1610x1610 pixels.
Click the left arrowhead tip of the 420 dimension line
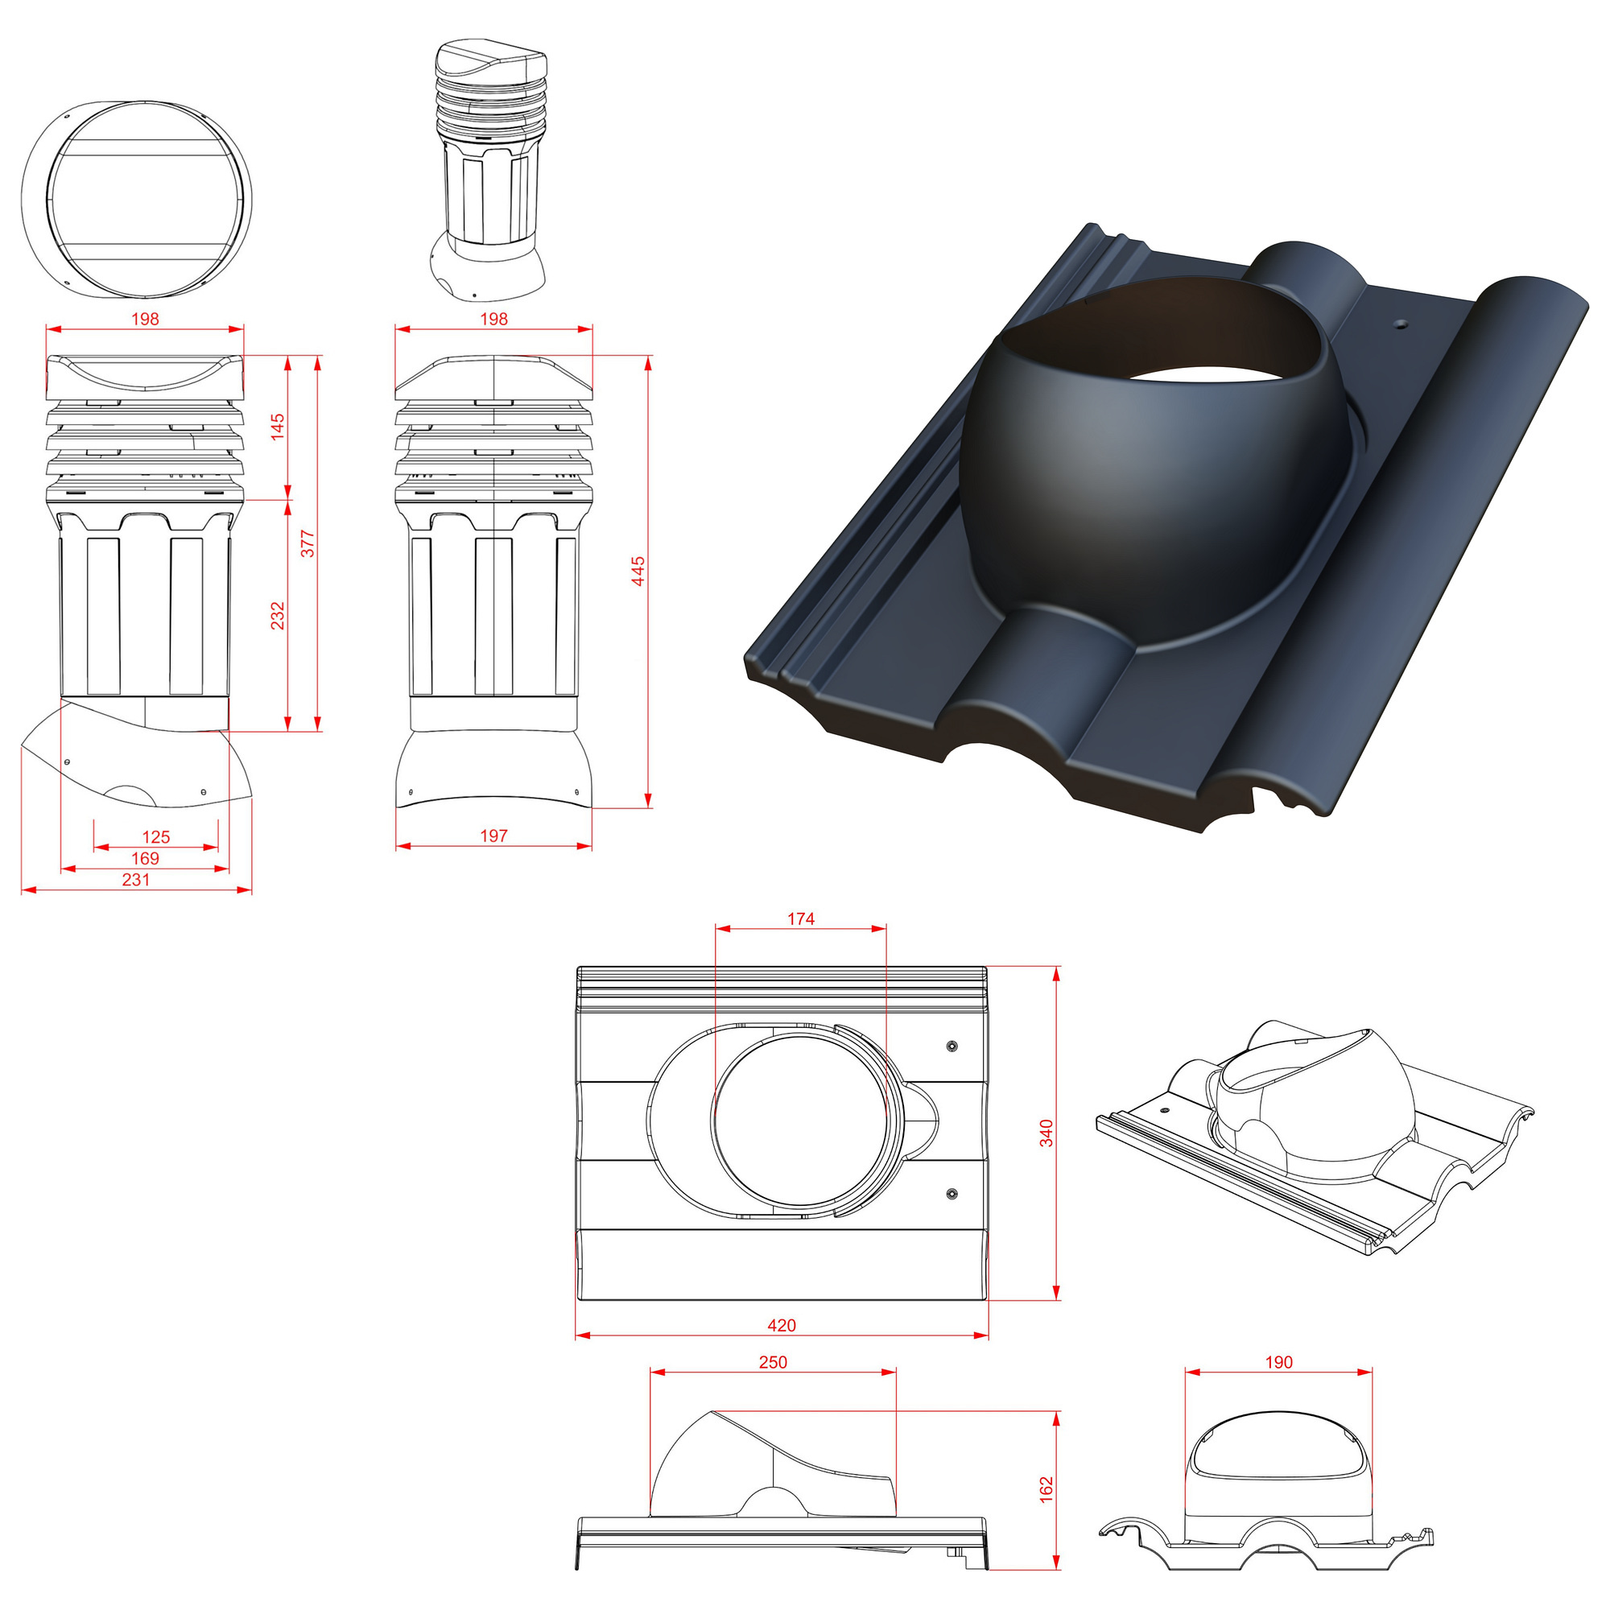[x=576, y=1335]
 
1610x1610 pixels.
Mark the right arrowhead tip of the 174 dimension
[x=885, y=928]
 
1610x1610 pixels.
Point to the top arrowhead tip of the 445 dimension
[x=648, y=357]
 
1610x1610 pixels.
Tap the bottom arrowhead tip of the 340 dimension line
[x=1057, y=1299]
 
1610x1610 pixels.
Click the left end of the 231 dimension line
[x=22, y=890]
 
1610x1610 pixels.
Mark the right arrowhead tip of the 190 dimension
[x=1372, y=1372]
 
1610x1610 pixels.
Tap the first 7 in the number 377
[x=308, y=543]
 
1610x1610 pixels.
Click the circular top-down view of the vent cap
[x=136, y=200]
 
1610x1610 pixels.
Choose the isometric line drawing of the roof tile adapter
[x=1315, y=1136]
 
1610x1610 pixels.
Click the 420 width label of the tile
[x=782, y=1325]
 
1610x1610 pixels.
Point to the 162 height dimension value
[x=1046, y=1489]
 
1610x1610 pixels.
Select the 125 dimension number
[x=156, y=836]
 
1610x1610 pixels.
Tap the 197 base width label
[x=493, y=835]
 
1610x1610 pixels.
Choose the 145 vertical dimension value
[x=278, y=426]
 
